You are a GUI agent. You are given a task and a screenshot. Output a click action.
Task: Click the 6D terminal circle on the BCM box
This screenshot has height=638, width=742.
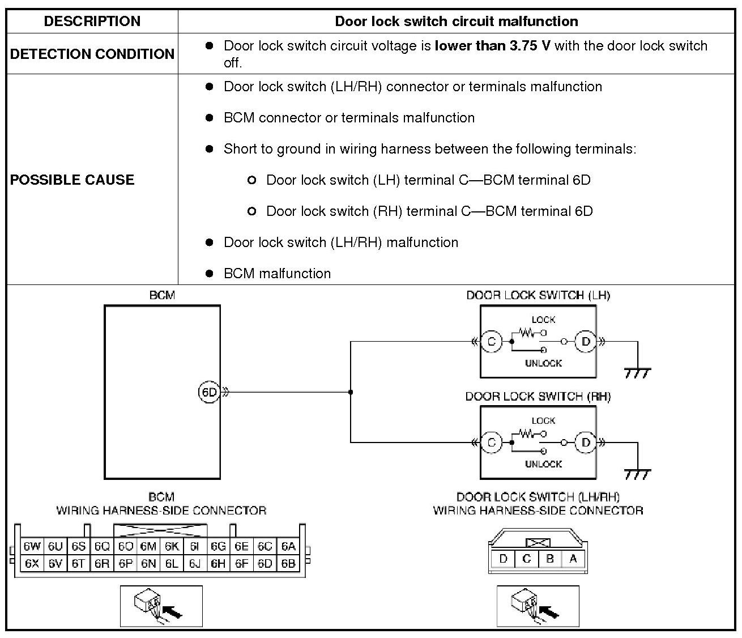(x=209, y=392)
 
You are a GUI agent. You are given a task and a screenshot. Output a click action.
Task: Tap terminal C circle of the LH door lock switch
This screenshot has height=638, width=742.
(x=491, y=342)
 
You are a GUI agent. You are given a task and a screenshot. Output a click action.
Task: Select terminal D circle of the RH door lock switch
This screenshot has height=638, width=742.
(x=586, y=443)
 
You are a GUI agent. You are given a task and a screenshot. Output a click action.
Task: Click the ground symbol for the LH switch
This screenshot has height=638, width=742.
(x=637, y=372)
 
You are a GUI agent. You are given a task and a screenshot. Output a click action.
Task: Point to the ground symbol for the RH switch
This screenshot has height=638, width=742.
(x=637, y=473)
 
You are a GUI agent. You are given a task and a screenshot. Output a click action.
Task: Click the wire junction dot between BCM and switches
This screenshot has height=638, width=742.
(x=351, y=392)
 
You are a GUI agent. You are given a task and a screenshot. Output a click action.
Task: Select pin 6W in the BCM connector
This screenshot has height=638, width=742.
(x=32, y=547)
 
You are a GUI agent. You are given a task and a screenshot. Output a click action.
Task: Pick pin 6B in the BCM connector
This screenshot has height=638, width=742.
(x=288, y=564)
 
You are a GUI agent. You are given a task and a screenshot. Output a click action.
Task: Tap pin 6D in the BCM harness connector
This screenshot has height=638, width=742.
(x=265, y=564)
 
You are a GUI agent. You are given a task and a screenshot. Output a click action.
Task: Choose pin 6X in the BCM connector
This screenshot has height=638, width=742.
(x=32, y=564)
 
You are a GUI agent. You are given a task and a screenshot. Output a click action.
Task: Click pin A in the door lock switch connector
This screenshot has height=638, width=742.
(x=573, y=559)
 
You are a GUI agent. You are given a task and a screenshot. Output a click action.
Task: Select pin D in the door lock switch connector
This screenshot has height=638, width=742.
(x=503, y=559)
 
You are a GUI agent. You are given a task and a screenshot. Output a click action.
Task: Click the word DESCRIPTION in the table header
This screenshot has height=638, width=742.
(x=92, y=22)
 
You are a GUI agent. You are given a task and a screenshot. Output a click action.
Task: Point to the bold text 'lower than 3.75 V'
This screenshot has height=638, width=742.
(x=492, y=46)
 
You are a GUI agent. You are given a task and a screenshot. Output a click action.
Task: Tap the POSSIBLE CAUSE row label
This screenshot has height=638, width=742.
(x=73, y=180)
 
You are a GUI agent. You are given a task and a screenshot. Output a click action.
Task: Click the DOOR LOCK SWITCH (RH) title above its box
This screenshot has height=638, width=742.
(x=538, y=397)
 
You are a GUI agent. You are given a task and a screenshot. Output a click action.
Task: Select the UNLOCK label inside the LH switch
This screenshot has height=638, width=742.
(x=543, y=363)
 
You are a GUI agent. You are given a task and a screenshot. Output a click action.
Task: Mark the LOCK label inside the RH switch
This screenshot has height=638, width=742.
(x=543, y=421)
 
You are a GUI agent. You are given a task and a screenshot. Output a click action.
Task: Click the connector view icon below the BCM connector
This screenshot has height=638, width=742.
(x=161, y=606)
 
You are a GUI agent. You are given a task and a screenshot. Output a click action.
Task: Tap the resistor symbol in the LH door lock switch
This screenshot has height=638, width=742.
(x=526, y=333)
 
